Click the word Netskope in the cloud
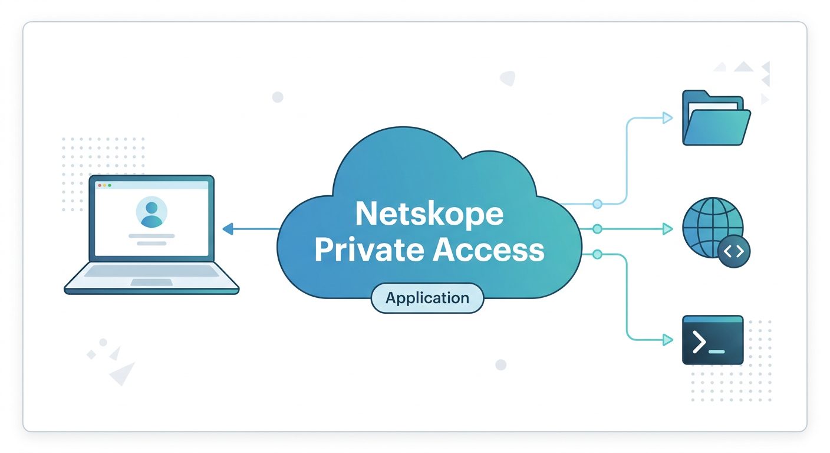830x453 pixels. tap(429, 215)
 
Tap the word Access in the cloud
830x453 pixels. tap(488, 250)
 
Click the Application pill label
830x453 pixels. tap(427, 298)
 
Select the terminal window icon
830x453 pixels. tap(713, 340)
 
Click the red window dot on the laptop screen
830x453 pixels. tap(100, 185)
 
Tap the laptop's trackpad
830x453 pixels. tap(151, 282)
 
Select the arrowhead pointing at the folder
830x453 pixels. tap(667, 118)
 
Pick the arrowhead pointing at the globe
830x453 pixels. tap(667, 229)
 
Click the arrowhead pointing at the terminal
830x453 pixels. tap(667, 340)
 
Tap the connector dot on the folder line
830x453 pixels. tap(597, 204)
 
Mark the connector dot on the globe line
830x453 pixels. tap(597, 229)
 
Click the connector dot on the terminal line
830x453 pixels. tap(597, 254)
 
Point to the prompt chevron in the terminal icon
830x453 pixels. tap(699, 342)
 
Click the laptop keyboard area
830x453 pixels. tap(151, 271)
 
